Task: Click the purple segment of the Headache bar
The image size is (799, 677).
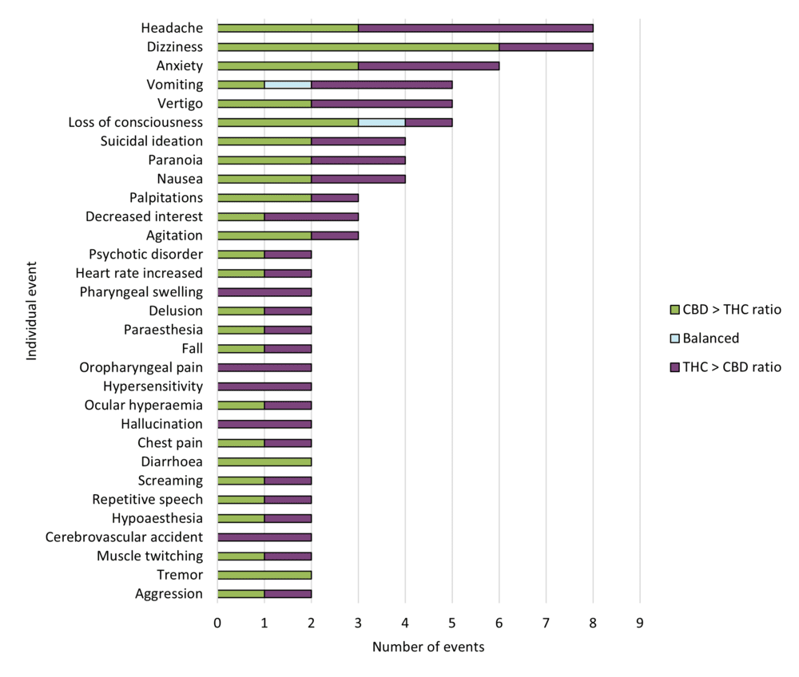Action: [x=475, y=28]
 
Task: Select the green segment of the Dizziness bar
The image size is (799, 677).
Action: [x=358, y=47]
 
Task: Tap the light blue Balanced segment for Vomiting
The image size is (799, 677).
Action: [x=288, y=85]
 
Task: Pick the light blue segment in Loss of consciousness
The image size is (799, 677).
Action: [x=382, y=122]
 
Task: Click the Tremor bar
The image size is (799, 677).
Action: [x=264, y=575]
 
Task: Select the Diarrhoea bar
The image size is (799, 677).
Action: [x=264, y=461]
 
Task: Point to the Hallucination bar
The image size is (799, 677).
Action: [x=264, y=424]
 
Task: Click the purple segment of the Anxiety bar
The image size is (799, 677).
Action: [x=428, y=65]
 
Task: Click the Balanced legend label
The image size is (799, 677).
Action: [x=710, y=338]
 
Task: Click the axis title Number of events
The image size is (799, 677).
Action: [x=428, y=647]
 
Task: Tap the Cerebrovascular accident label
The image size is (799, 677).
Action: [x=124, y=537]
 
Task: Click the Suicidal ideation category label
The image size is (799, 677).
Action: [x=152, y=141]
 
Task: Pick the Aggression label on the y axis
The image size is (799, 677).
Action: [x=169, y=594]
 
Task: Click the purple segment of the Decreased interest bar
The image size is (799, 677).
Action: [x=312, y=216]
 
